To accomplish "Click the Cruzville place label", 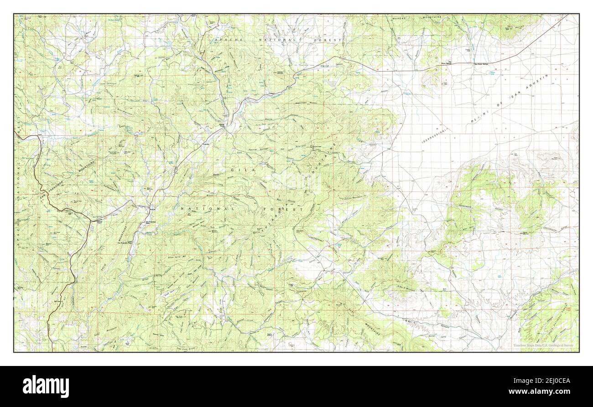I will coord(206,145).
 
